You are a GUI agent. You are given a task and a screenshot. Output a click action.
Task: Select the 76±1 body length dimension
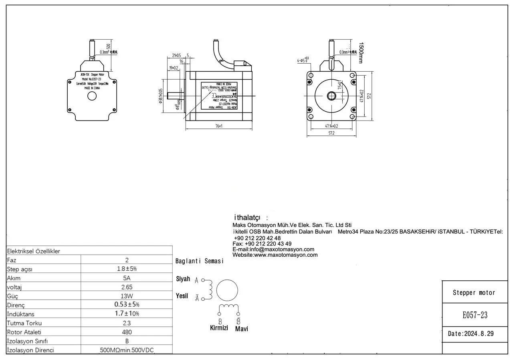pyautogui.click(x=219, y=126)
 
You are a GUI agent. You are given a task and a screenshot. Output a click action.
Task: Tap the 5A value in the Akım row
pyautogui.click(x=127, y=278)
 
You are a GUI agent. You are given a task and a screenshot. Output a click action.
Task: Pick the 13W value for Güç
pyautogui.click(x=127, y=296)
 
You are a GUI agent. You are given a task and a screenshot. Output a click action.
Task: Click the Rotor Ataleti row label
pyautogui.click(x=24, y=332)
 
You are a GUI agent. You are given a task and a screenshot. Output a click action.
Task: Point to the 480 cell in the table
pyautogui.click(x=127, y=332)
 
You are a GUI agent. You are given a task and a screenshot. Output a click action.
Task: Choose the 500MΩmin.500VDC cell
pyautogui.click(x=127, y=350)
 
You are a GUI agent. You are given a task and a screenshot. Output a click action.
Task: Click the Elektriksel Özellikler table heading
pyautogui.click(x=33, y=251)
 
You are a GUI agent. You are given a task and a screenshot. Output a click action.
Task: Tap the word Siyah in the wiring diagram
pyautogui.click(x=183, y=279)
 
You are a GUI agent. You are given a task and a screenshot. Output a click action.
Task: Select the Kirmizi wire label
pyautogui.click(x=219, y=328)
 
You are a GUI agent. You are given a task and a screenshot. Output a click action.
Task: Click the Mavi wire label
pyautogui.click(x=241, y=329)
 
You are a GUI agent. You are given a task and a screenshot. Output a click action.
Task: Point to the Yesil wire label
pyautogui.click(x=182, y=296)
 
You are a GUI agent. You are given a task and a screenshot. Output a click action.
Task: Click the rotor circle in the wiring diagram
pyautogui.click(x=227, y=290)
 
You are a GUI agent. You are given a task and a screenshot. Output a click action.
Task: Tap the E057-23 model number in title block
pyautogui.click(x=475, y=315)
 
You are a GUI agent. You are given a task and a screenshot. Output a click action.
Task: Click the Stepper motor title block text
pyautogui.click(x=474, y=293)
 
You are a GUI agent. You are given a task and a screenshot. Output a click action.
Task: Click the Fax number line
pyautogui.click(x=262, y=243)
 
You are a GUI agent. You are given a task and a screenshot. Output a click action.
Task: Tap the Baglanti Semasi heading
pyautogui.click(x=199, y=261)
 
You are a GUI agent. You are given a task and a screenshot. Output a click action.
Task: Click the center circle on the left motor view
pyautogui.click(x=92, y=96)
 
